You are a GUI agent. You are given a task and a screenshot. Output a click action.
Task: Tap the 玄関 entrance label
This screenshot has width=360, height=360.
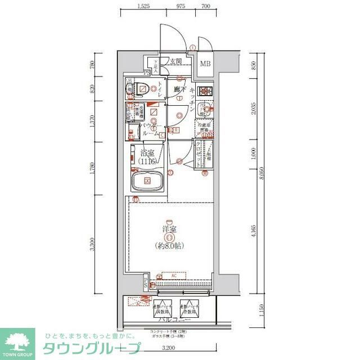[175, 61]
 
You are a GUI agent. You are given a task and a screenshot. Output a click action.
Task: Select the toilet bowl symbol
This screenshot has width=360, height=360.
[143, 88]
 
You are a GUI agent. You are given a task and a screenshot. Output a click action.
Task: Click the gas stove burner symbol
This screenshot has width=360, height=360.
[206, 90]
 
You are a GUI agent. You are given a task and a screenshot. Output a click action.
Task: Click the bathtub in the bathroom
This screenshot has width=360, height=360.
[147, 182]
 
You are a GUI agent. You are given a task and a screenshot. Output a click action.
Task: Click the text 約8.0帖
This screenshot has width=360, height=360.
[169, 246]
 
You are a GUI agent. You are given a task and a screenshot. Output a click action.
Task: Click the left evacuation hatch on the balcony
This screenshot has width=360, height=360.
[161, 309]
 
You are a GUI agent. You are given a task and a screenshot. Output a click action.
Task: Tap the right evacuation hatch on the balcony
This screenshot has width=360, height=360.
[189, 309]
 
